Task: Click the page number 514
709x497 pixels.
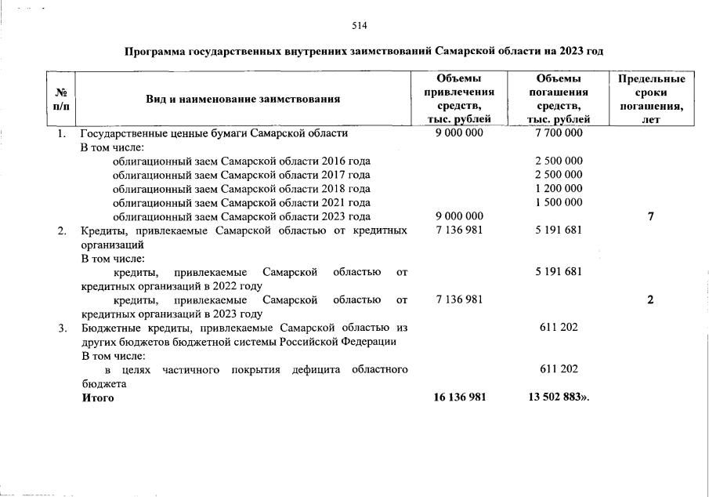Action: point(360,25)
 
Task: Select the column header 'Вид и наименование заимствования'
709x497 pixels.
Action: point(243,99)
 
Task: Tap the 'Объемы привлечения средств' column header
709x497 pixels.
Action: point(459,99)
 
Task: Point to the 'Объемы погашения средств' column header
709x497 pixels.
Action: point(559,99)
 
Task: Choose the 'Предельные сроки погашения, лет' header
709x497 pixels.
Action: point(651,99)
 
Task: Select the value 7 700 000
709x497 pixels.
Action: point(559,133)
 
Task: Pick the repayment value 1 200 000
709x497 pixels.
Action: point(559,188)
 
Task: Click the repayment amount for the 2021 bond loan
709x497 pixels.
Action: point(559,202)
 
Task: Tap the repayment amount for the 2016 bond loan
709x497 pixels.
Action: point(559,161)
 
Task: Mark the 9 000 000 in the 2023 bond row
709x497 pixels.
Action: point(459,216)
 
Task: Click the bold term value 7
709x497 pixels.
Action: point(651,216)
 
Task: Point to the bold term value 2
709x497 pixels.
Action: point(651,299)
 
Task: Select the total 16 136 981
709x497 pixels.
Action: point(459,397)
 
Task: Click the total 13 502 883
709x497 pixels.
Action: point(559,397)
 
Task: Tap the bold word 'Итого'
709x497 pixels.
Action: point(98,397)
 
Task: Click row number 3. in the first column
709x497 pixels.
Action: point(62,328)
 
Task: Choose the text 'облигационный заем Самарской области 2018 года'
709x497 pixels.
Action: point(241,188)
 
